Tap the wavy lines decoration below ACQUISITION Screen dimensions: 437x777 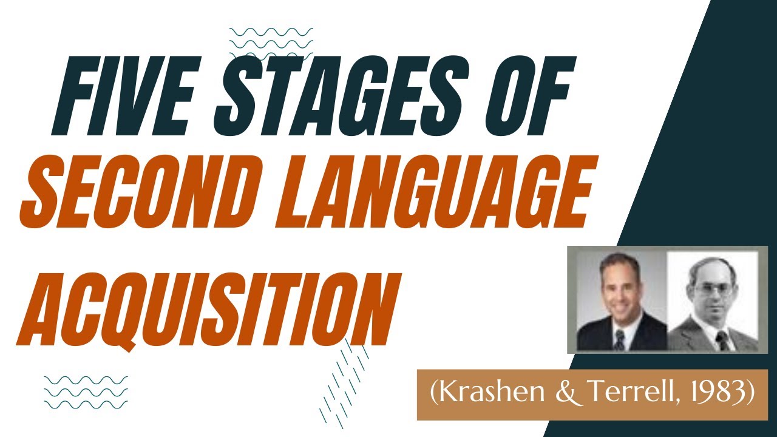(86, 392)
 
